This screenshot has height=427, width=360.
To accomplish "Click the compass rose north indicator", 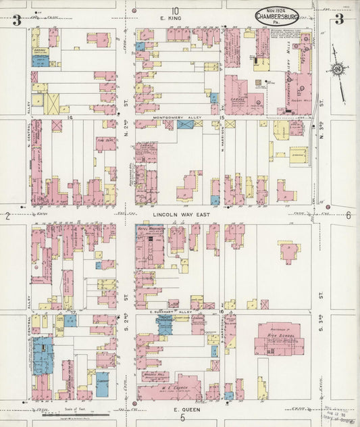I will coord(336,69).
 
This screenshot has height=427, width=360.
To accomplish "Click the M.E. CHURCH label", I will coord(169,388).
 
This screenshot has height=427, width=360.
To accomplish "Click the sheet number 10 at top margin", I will coord(176,10).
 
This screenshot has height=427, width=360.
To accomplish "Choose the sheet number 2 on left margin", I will coord(7,216).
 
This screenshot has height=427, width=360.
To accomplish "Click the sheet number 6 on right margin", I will coord(349,216).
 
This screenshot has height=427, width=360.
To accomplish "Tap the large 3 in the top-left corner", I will coord(16,20).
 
